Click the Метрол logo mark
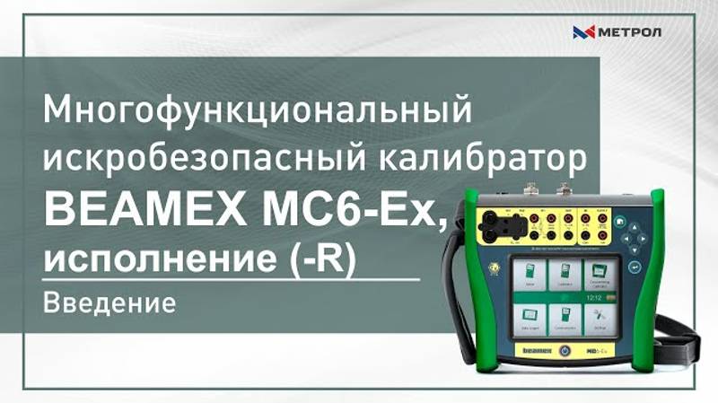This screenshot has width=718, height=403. tap(583, 33)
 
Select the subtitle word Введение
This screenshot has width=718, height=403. tap(109, 303)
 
